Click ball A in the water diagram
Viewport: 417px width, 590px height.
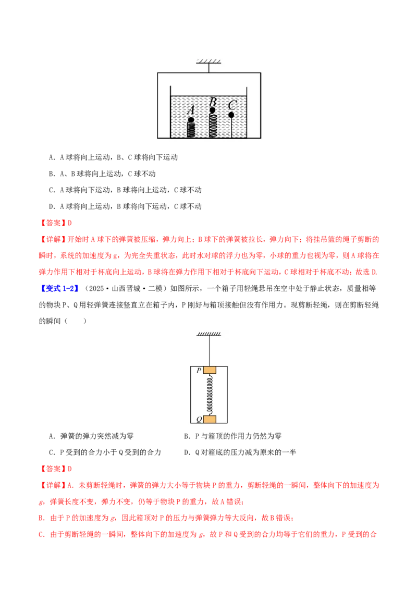tap(191, 120)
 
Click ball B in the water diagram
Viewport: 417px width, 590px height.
tap(212, 110)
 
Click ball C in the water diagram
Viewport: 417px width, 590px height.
tap(231, 115)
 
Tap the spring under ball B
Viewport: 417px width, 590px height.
tap(213, 125)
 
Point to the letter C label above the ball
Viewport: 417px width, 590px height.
tap(232, 105)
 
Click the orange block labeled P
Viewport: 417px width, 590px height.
tap(210, 370)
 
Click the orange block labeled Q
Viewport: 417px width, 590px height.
tap(210, 419)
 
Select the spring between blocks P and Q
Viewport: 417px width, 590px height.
tap(210, 395)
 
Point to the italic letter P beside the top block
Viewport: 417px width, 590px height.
tap(199, 371)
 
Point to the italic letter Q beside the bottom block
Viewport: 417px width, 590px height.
tap(199, 420)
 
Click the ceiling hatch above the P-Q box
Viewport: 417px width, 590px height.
tap(209, 334)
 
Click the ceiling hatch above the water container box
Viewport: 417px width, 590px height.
tap(209, 62)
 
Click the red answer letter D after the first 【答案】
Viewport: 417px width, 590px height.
tap(70, 223)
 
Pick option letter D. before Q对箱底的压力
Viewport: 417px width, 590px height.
tap(188, 452)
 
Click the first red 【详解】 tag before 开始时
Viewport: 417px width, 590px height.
tap(53, 239)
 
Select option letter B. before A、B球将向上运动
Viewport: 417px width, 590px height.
tap(53, 174)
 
